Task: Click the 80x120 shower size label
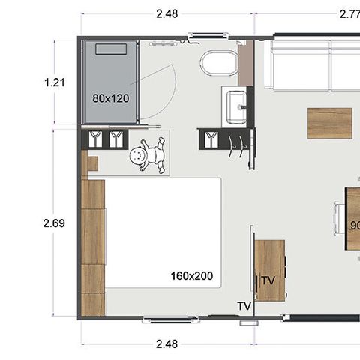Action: tap(109, 98)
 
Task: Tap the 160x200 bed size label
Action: tap(191, 276)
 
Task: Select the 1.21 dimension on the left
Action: tap(55, 82)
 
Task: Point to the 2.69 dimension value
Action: tap(54, 223)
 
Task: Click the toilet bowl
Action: tap(219, 64)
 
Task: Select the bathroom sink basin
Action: tap(236, 104)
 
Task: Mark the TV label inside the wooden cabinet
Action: tap(268, 280)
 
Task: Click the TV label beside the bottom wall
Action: tap(244, 306)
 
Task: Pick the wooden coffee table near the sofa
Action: tap(329, 123)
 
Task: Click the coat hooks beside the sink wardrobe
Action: tap(238, 140)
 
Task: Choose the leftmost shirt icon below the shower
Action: tap(95, 139)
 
